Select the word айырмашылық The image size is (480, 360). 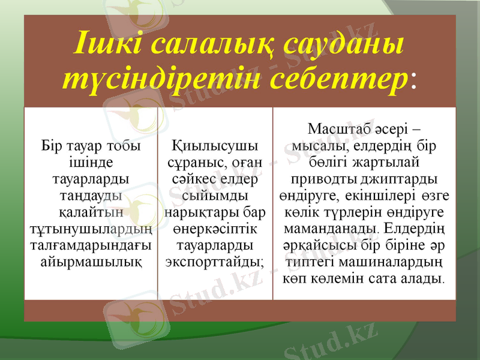click(x=91, y=262)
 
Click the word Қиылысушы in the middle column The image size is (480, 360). click(x=215, y=146)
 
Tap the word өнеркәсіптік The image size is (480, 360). click(x=215, y=229)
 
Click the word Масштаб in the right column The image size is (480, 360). click(x=337, y=128)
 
